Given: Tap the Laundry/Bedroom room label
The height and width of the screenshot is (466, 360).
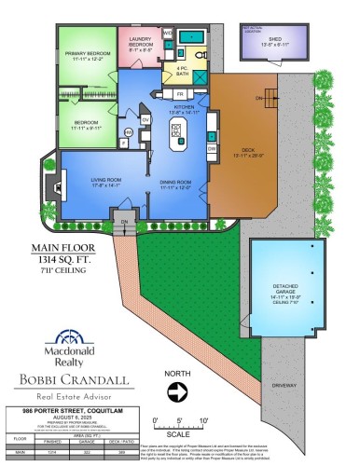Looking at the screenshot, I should [140, 41].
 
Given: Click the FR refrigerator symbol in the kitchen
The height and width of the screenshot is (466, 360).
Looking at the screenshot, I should [180, 94].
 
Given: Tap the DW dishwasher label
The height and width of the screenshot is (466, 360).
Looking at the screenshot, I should [212, 148].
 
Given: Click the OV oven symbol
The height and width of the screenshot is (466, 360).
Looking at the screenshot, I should [145, 119].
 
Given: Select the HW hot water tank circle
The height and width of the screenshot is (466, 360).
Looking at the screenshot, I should [128, 133].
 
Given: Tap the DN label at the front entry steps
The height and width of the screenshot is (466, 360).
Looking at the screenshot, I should [123, 221].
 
